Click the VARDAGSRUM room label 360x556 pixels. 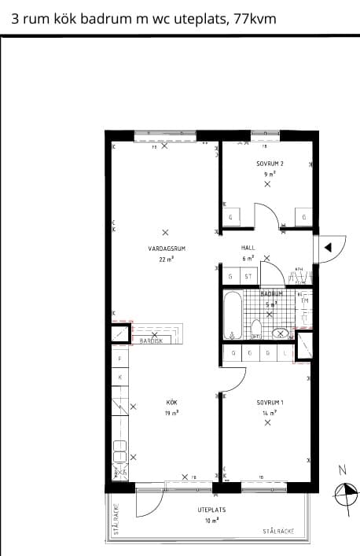[165, 249]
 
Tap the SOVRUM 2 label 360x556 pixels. [269, 164]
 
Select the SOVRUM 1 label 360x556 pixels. [269, 402]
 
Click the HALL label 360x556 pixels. [248, 248]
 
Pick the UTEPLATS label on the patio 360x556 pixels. [212, 510]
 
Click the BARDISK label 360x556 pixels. [151, 341]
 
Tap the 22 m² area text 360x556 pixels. [166, 258]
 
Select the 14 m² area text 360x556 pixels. [269, 412]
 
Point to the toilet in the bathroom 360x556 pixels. [255, 329]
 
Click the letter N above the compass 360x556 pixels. [342, 470]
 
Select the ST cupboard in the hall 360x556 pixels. [248, 277]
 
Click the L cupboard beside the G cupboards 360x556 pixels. [285, 354]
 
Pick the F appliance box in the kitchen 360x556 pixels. [119, 359]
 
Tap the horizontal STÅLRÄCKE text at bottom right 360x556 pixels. [279, 532]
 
